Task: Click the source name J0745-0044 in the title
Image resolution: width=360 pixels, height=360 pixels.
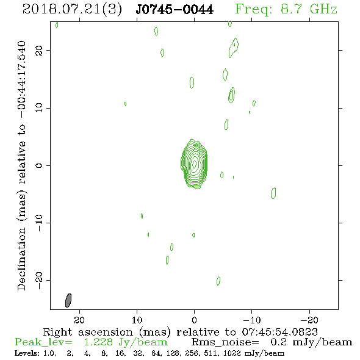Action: point(175,10)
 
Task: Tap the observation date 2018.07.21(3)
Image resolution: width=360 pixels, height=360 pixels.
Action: point(72,10)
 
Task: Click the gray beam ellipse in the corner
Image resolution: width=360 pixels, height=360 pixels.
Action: point(68,300)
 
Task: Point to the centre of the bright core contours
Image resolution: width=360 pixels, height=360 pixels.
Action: point(194,164)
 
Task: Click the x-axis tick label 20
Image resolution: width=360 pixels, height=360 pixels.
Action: point(79,320)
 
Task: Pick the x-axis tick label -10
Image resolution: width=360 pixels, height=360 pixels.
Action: point(252,320)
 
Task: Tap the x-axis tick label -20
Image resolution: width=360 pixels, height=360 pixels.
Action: point(309,320)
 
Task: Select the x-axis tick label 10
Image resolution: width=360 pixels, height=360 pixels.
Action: point(137,320)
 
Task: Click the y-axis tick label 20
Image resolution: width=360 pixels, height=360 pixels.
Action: point(39,51)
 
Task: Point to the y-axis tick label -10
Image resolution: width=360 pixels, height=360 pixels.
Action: point(39,223)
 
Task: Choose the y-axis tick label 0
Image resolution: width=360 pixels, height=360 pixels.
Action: point(39,165)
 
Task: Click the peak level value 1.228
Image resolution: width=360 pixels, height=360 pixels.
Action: point(98,342)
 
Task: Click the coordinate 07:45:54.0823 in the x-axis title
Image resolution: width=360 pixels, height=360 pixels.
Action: point(279,332)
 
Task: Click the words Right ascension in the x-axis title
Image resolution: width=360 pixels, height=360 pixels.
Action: point(88,332)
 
